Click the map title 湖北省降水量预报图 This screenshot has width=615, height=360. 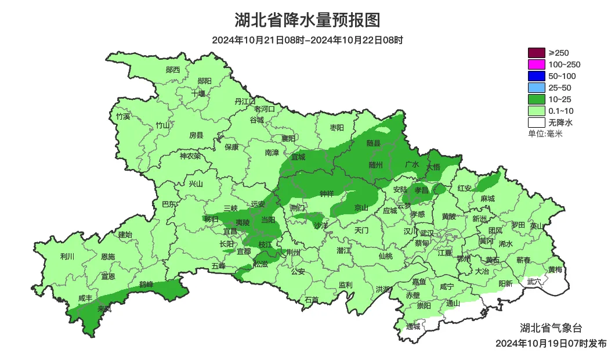[x=307, y=20]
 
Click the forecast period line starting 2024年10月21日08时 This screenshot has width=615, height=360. [x=307, y=40]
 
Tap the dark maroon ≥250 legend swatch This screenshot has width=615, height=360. [x=537, y=53]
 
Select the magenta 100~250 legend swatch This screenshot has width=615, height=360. [x=537, y=64]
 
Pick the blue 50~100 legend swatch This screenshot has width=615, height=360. [x=537, y=76]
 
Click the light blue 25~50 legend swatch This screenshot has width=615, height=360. [x=537, y=88]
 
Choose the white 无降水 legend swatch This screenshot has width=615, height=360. [x=537, y=123]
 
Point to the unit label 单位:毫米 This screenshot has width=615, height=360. [x=545, y=134]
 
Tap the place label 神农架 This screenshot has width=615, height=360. [x=190, y=156]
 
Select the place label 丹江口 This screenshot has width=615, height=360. [x=245, y=101]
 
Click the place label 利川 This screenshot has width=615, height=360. [x=67, y=256]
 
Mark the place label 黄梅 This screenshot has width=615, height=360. [x=555, y=270]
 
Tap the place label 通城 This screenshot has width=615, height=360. [x=413, y=326]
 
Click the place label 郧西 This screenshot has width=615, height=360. [x=173, y=70]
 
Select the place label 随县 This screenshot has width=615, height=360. [x=374, y=143]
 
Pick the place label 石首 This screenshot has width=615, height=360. [x=312, y=300]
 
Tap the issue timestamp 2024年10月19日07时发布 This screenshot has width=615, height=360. [x=551, y=343]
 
